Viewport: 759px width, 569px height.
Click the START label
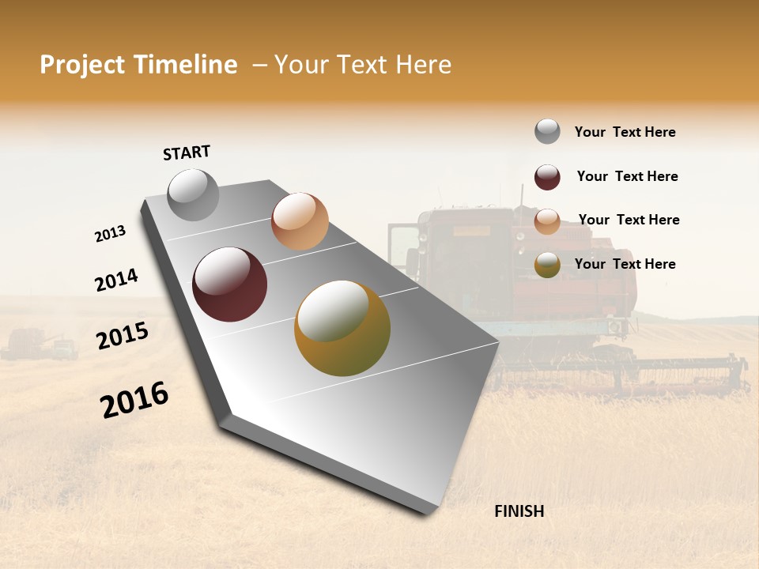tap(187, 153)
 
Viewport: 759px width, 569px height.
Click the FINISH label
tap(519, 511)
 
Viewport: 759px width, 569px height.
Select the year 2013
tap(110, 234)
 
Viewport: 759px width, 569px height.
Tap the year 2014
tap(116, 280)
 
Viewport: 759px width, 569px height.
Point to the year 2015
tap(122, 336)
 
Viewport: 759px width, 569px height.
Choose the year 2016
tap(134, 399)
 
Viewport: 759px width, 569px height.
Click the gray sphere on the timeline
tap(194, 194)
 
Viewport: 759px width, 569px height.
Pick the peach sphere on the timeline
tap(300, 221)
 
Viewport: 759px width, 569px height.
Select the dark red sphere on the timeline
tap(230, 284)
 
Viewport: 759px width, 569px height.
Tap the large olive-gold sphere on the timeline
tap(342, 328)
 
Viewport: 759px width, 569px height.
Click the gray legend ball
tap(547, 131)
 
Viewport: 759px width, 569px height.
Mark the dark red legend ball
tap(547, 177)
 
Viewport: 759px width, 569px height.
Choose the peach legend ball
tap(547, 221)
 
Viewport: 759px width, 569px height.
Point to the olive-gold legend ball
tap(547, 265)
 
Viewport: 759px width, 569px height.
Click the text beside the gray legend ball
tap(625, 132)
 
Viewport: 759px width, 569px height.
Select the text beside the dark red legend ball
tap(627, 176)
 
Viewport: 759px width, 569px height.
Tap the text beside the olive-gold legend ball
tap(625, 264)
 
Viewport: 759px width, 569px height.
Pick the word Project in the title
tap(83, 65)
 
